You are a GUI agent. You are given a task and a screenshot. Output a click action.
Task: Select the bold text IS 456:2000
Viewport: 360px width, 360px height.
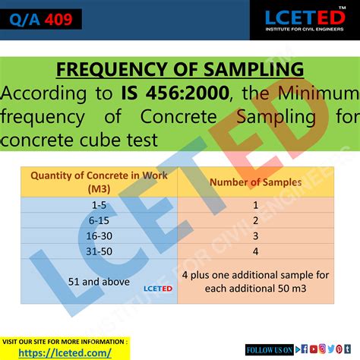click(164, 94)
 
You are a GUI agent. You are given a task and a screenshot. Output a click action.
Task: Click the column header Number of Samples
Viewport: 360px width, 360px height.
click(254, 182)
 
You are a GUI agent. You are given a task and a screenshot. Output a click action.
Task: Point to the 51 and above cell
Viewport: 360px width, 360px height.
click(89, 281)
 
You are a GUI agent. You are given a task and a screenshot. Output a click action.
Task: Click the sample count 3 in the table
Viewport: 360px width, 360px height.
click(255, 235)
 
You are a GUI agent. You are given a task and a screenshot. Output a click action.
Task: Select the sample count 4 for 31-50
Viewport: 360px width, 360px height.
click(255, 251)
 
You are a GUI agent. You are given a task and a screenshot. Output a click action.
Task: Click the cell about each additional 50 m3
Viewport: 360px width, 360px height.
click(255, 281)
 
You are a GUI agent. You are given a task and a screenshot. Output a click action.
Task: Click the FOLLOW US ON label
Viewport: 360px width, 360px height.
click(269, 349)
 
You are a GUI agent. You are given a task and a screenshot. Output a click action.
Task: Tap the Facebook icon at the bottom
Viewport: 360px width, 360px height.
click(304, 349)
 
